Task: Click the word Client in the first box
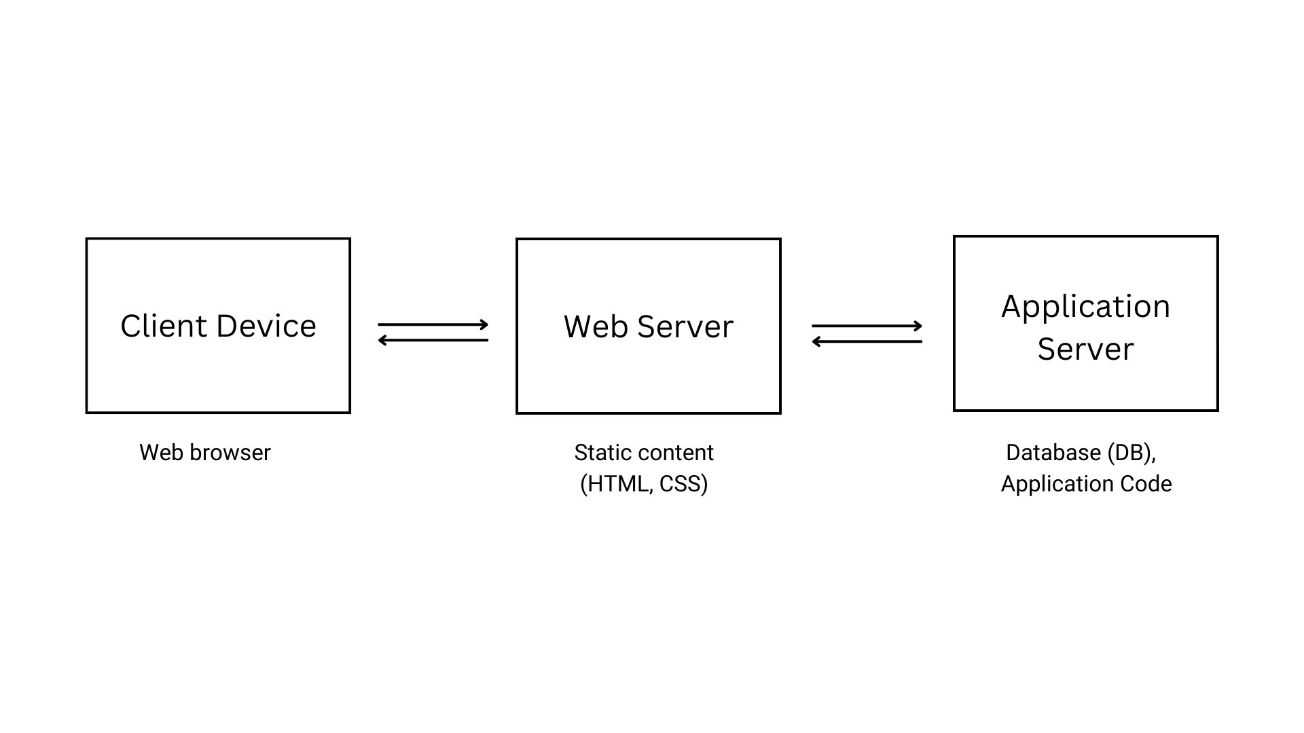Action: tap(164, 326)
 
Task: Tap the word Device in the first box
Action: tap(266, 326)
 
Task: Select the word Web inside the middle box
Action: tap(595, 327)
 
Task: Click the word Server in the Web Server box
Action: tap(685, 327)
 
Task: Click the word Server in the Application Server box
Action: tap(1085, 350)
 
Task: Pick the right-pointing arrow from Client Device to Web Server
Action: tap(433, 324)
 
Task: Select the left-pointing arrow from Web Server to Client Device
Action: tap(433, 340)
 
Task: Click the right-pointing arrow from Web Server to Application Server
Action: tap(867, 326)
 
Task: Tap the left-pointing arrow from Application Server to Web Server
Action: tap(867, 341)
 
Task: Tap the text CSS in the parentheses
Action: tap(681, 484)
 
